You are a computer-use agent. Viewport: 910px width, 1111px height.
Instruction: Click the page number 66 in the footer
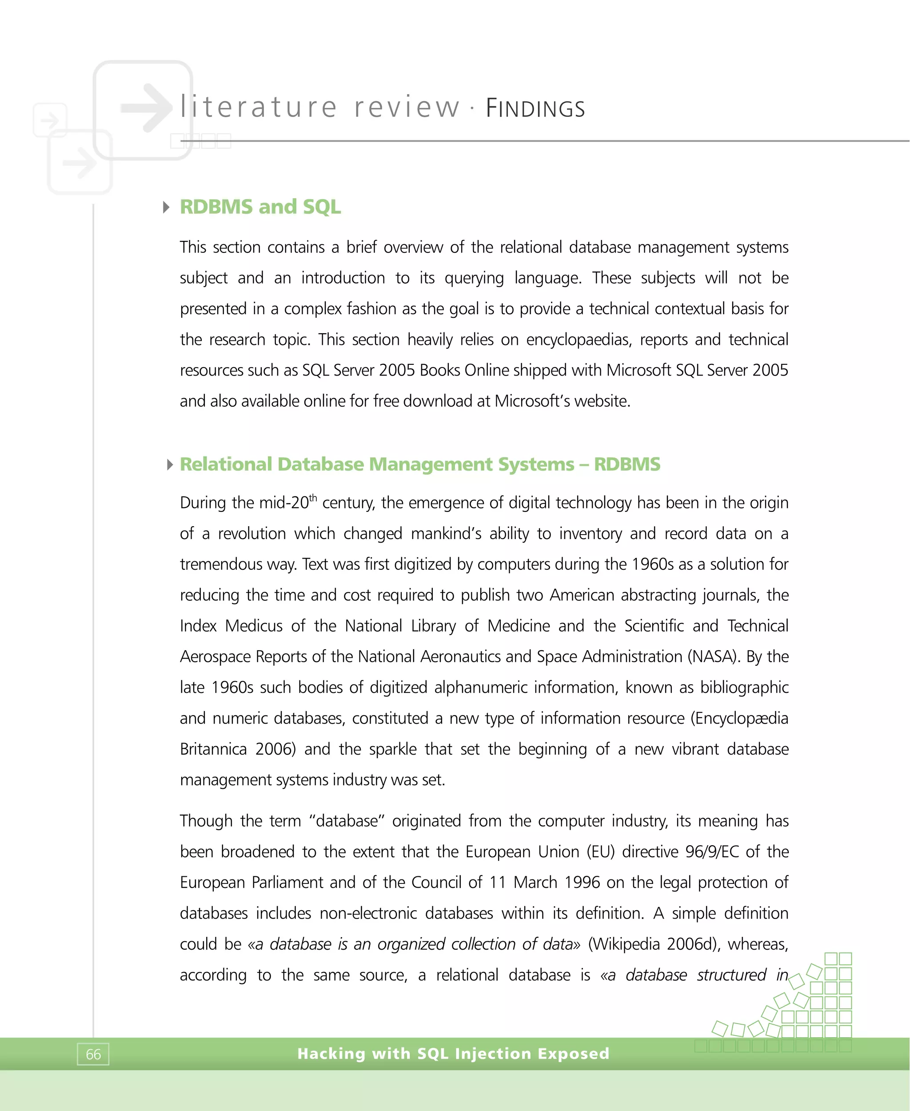pos(93,1055)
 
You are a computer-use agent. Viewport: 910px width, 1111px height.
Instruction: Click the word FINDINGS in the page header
pos(535,108)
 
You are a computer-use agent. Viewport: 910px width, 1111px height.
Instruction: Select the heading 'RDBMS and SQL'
pos(260,207)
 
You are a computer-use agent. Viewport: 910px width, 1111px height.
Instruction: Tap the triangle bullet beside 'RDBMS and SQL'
pos(166,207)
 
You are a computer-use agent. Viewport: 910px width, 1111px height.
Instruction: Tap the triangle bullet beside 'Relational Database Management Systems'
pos(169,464)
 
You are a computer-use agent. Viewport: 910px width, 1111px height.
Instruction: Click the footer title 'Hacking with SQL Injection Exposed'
pos(453,1053)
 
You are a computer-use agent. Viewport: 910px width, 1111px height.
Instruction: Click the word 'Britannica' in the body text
pos(213,749)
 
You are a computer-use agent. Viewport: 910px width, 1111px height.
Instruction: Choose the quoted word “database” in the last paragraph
pos(347,820)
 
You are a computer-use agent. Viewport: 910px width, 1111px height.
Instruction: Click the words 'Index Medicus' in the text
pos(231,626)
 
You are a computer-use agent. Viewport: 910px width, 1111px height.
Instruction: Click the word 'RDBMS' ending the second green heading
pos(627,464)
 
